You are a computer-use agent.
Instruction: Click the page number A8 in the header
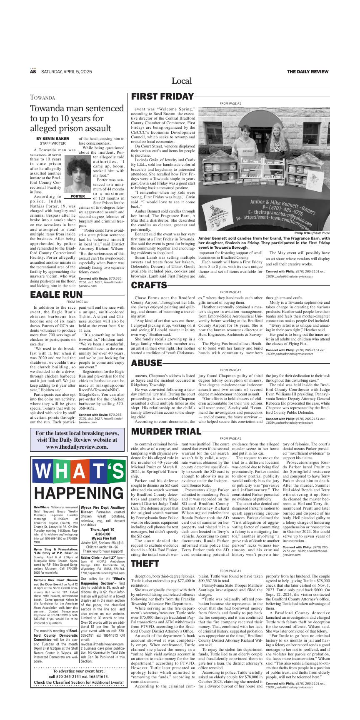pos(33,72)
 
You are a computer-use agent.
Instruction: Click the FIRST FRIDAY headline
pos(162,97)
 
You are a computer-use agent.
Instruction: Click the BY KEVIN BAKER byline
pos(52,138)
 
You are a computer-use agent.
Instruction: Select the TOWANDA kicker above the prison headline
pos(42,98)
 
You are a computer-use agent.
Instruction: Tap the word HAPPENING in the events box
pos(78,493)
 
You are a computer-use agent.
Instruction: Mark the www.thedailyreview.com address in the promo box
pos(77,447)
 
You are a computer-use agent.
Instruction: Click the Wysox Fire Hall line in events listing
pos(102,538)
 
